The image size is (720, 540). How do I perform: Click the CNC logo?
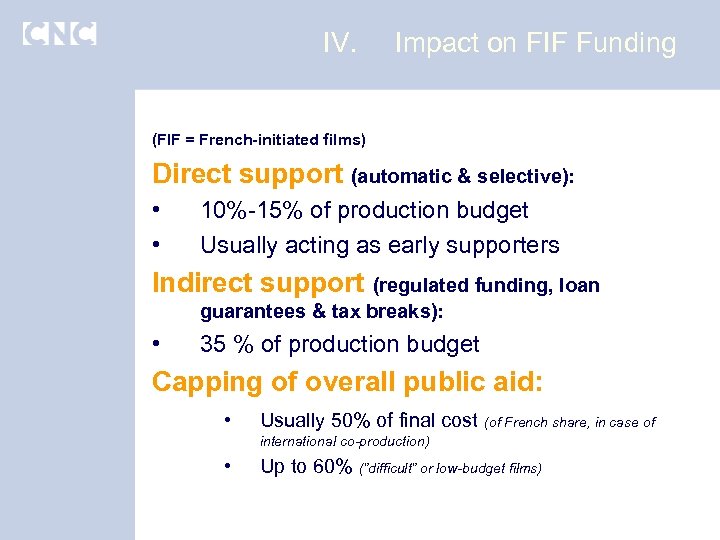59,34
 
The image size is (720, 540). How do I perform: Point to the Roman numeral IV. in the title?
340,43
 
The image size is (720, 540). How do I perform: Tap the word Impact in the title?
435,43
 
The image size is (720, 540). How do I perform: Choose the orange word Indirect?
201,284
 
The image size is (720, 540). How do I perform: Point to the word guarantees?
253,311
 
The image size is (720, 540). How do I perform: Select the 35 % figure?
227,344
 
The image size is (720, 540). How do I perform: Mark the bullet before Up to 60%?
229,466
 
